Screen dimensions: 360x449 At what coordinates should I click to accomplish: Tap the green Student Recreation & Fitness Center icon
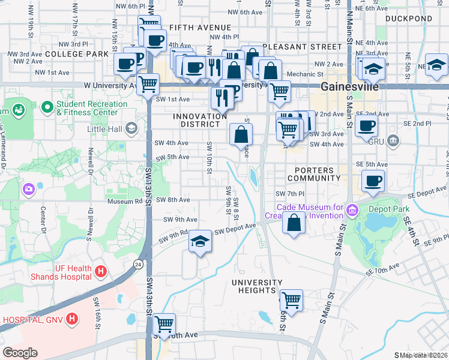[47, 108]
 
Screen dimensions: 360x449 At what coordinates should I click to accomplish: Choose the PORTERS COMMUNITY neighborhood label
[314, 174]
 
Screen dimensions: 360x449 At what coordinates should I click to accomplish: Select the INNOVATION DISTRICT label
[196, 120]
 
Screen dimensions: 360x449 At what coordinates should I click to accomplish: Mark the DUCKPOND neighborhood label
[409, 19]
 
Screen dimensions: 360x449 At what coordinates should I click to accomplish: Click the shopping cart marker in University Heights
[291, 299]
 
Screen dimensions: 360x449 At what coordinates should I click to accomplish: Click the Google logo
[20, 353]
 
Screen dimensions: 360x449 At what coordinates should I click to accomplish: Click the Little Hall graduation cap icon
[131, 128]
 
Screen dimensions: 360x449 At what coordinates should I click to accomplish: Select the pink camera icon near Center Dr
[28, 190]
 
